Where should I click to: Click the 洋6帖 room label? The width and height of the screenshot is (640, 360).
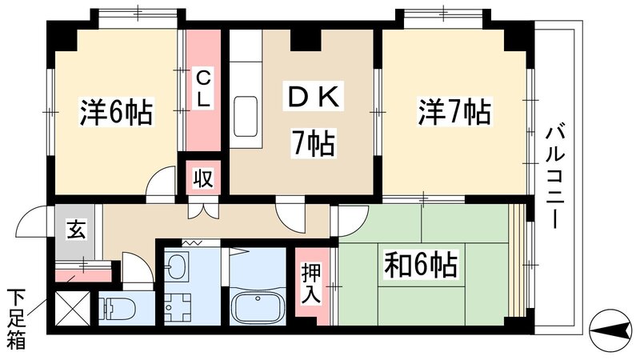point(116,113)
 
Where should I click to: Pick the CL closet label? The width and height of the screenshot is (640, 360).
point(204,90)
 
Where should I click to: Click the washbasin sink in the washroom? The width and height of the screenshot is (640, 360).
point(178,266)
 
